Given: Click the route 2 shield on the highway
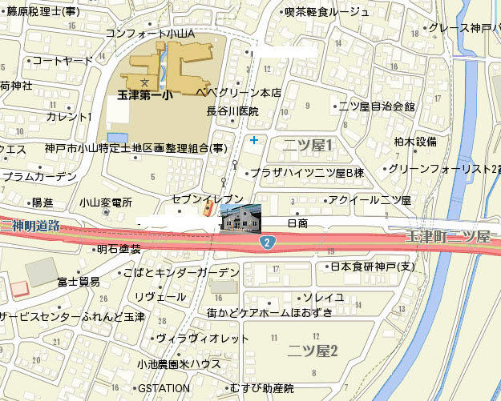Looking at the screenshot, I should point(267,241).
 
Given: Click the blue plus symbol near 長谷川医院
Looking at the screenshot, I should point(254,141).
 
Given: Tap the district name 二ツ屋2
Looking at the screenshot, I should point(314,349).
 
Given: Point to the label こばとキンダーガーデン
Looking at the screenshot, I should point(181,273).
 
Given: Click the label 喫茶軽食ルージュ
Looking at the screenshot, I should point(327,11).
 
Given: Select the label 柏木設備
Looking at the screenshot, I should point(415,142).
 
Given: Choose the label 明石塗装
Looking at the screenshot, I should point(119,249).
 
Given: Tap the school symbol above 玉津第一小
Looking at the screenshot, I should point(144,82).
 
